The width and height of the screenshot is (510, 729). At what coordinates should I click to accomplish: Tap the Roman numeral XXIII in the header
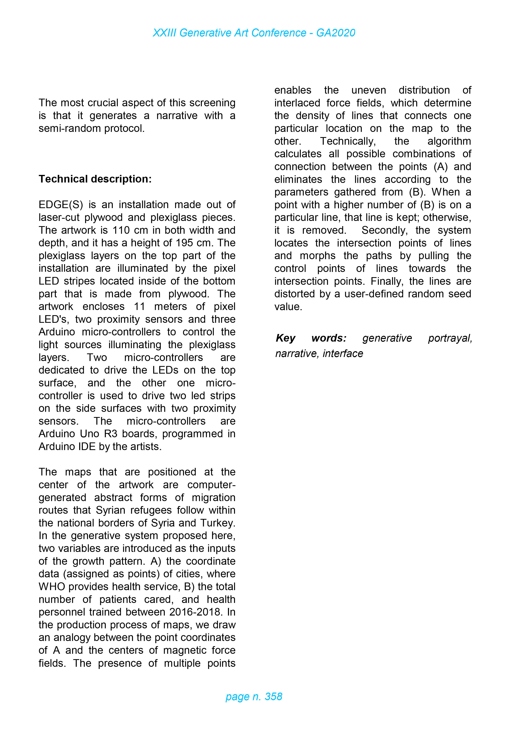click(x=164, y=33)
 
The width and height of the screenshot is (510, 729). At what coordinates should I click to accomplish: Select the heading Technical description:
click(x=95, y=179)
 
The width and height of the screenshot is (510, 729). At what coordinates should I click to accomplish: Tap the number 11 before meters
click(x=139, y=306)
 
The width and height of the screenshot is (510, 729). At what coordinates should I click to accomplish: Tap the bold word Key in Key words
click(x=285, y=338)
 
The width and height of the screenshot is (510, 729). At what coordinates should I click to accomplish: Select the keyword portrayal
click(x=450, y=338)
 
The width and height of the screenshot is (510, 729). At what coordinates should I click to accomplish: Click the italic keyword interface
click(x=343, y=353)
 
